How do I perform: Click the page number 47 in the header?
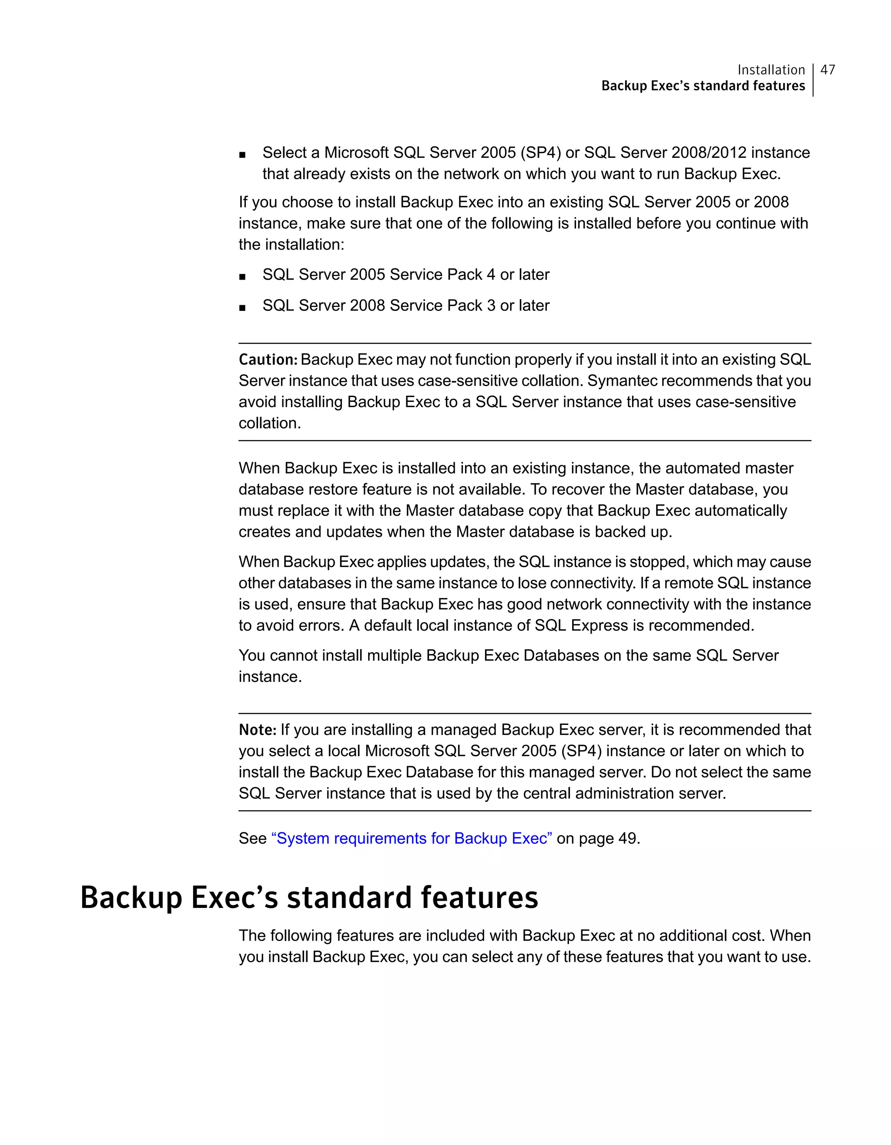click(x=827, y=70)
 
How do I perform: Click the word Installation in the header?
click(x=771, y=70)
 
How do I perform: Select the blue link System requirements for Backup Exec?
click(x=412, y=838)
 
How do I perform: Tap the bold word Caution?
click(x=268, y=360)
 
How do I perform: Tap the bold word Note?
click(x=258, y=730)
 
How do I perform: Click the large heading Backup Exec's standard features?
click(x=309, y=898)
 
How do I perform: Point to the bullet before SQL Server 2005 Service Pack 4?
click(x=242, y=276)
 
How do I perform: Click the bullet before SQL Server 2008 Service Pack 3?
click(x=242, y=307)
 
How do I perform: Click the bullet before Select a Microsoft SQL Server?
click(x=242, y=154)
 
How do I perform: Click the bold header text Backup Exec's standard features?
click(x=703, y=86)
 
